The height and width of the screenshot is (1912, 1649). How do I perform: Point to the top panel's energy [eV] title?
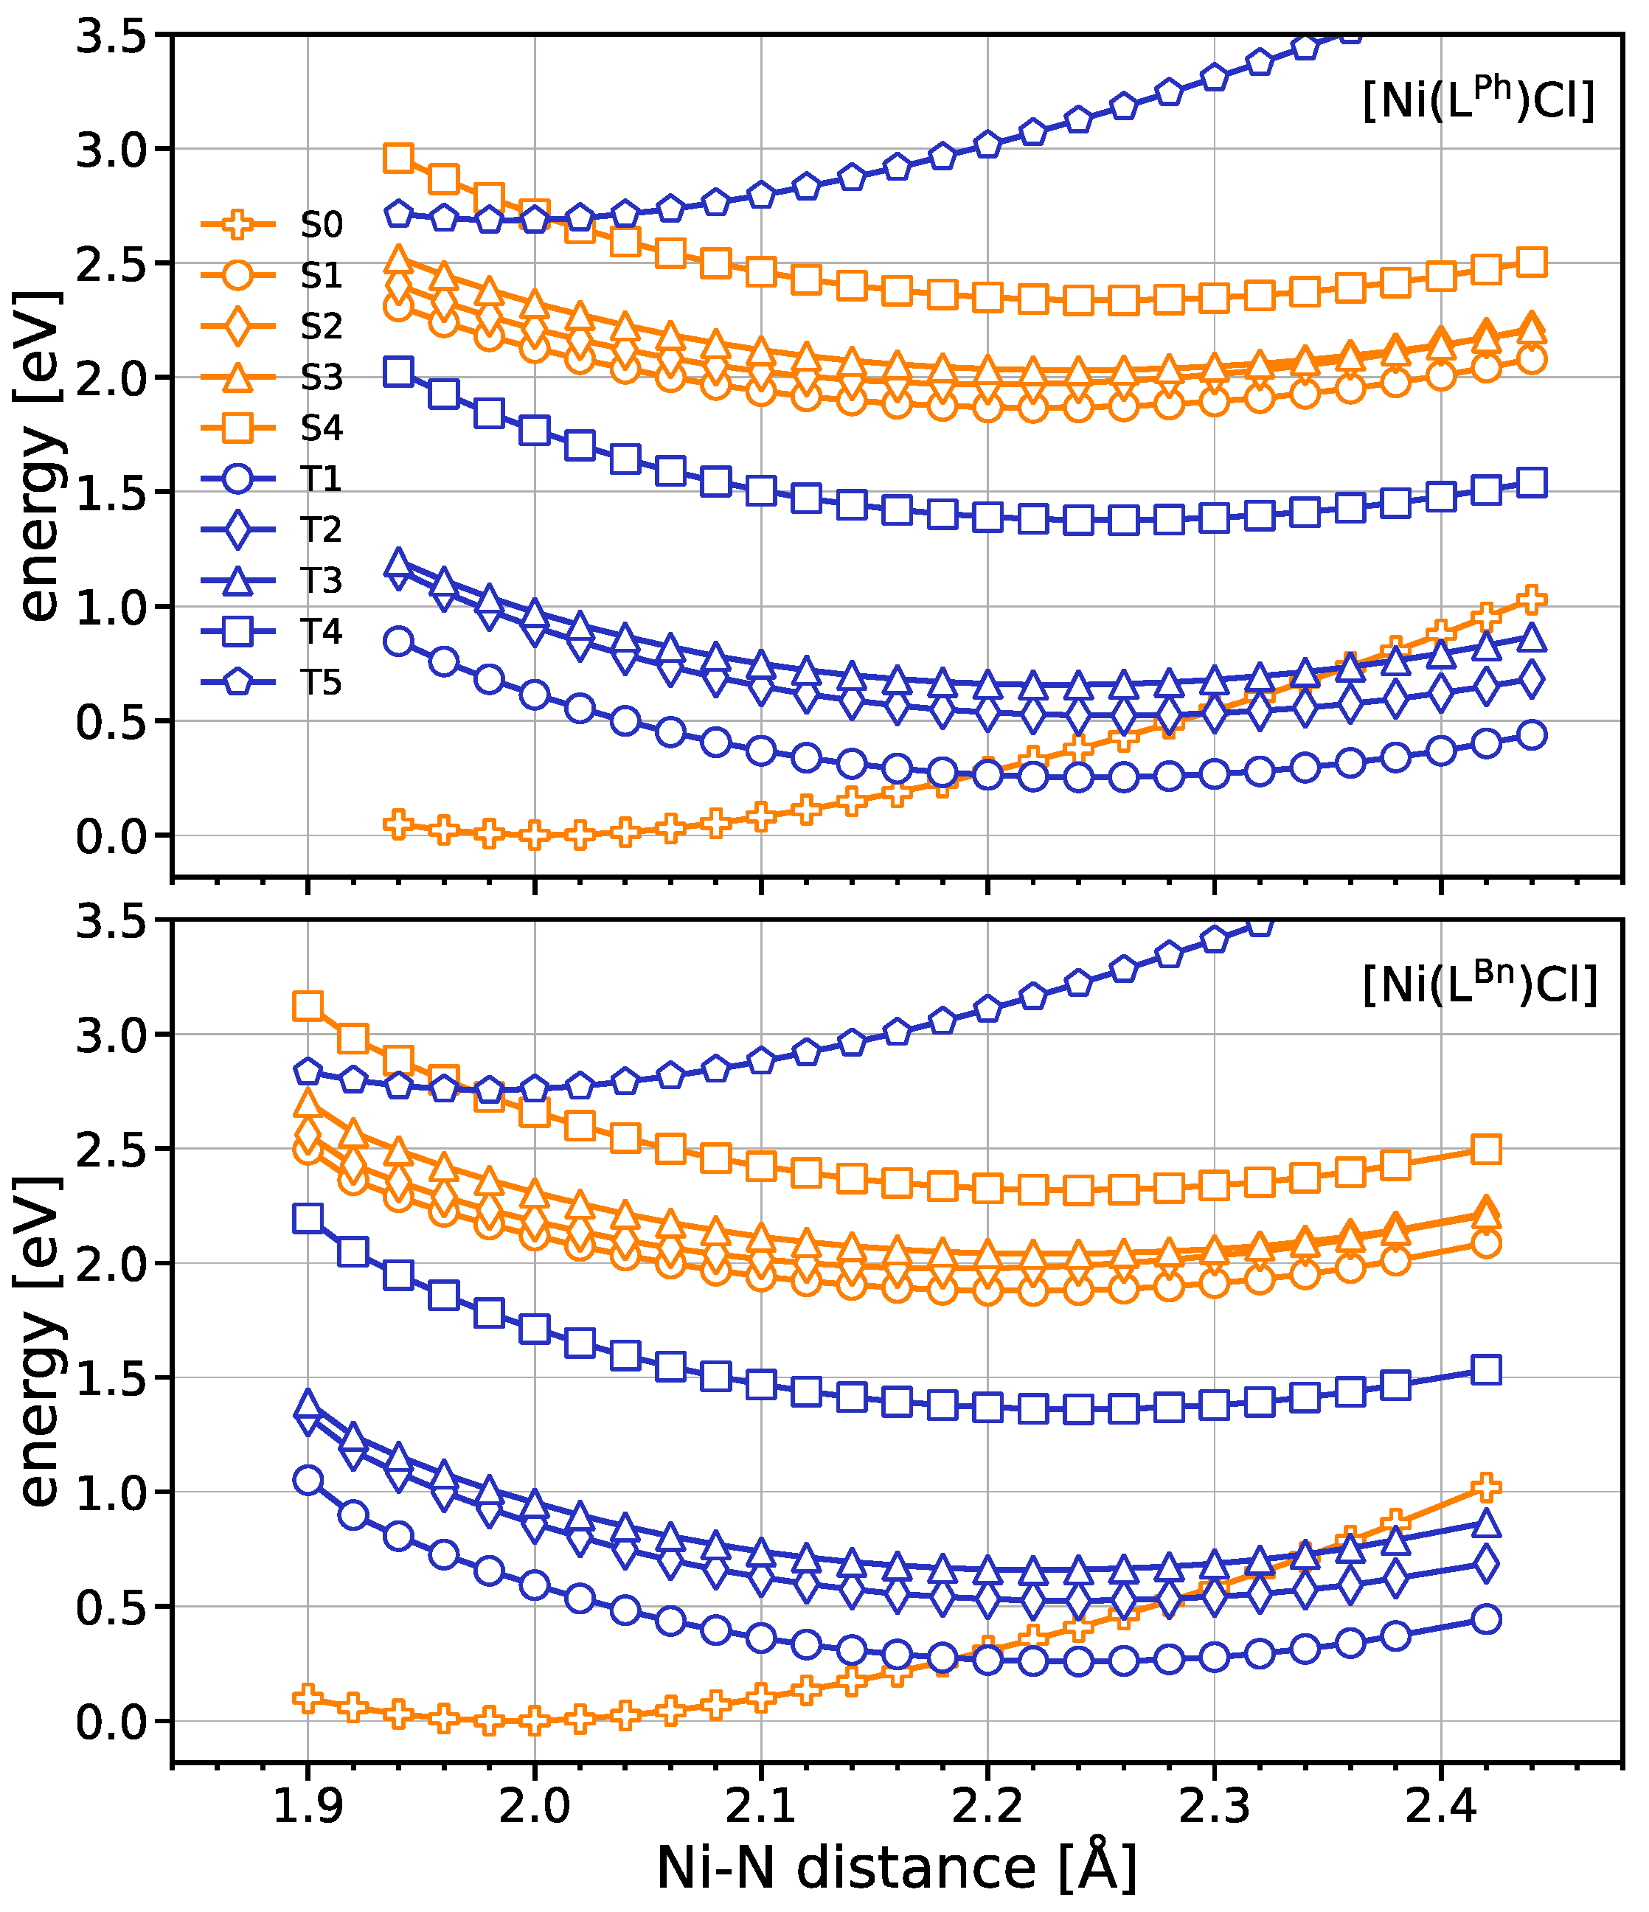pos(41,456)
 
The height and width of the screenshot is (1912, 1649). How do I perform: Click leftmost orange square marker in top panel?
pos(398,158)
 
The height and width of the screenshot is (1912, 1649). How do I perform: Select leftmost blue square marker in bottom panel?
pos(308,1218)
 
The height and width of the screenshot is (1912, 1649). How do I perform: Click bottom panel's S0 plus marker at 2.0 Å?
pos(534,1720)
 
